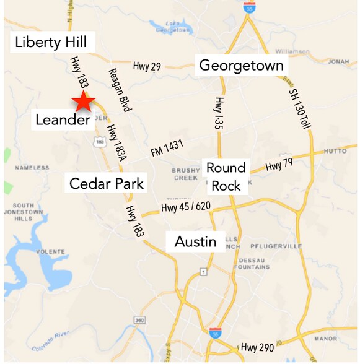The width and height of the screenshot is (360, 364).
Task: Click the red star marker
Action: click(83, 102)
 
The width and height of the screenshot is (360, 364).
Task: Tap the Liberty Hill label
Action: click(55, 43)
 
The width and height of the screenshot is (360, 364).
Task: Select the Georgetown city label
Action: click(241, 66)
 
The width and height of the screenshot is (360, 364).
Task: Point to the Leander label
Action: click(63, 119)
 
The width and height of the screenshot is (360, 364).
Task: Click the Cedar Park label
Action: click(107, 183)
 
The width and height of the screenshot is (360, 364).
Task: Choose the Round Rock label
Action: click(226, 176)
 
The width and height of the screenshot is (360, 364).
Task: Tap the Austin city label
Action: click(195, 241)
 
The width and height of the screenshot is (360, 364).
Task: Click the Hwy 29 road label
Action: click(147, 66)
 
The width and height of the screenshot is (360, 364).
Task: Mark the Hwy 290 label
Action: click(257, 347)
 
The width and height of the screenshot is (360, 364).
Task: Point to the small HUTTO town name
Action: click(335, 150)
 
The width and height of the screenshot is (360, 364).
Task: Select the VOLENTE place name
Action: click(51, 252)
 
